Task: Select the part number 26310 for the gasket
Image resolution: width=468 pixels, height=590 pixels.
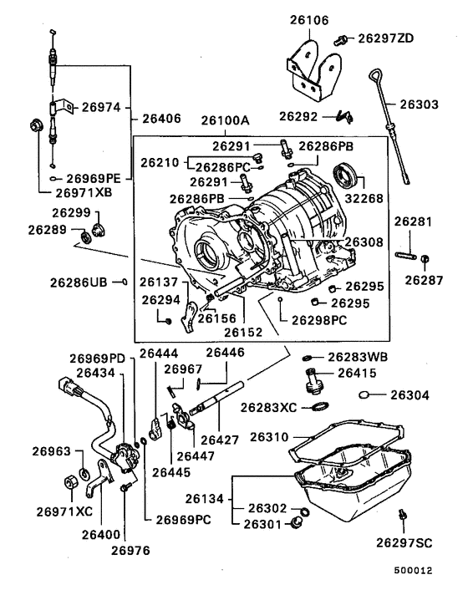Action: (x=269, y=437)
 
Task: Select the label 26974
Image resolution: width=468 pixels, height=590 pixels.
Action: (x=101, y=107)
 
